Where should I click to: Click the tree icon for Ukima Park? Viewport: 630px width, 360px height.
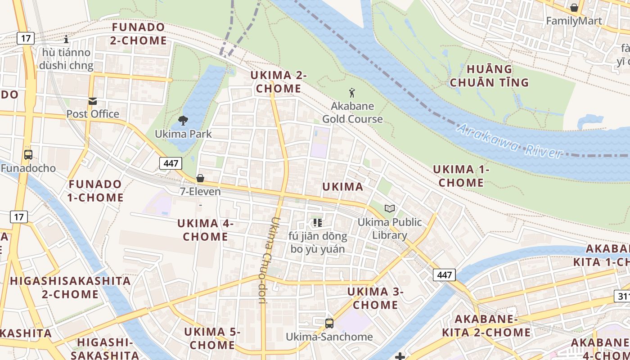[183, 121]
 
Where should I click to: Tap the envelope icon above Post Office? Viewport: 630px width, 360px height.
[93, 101]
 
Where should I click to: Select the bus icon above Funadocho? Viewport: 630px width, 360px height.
[28, 155]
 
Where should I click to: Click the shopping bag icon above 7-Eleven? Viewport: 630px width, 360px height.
[200, 178]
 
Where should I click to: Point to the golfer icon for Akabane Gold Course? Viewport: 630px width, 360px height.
[352, 93]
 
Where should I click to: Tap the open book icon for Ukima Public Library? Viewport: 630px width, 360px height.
[390, 209]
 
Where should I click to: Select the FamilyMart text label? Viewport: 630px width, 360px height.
[574, 21]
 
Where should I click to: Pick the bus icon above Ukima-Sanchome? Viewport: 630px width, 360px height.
[329, 323]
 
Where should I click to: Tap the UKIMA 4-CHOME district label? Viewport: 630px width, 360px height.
[205, 230]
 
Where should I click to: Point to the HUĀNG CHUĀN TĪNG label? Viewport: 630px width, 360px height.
[489, 76]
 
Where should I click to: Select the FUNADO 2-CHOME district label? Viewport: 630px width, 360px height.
[139, 34]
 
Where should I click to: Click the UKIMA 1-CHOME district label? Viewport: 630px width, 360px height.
[461, 176]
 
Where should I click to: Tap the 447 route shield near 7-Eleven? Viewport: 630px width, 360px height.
[171, 163]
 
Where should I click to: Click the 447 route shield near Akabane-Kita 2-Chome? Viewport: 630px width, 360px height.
[445, 274]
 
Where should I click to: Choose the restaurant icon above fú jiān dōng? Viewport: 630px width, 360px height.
[318, 222]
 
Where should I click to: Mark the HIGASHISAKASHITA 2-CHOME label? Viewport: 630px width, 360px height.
[70, 288]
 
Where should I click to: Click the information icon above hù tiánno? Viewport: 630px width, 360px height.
[66, 39]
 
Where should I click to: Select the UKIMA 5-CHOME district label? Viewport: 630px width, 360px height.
[212, 338]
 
